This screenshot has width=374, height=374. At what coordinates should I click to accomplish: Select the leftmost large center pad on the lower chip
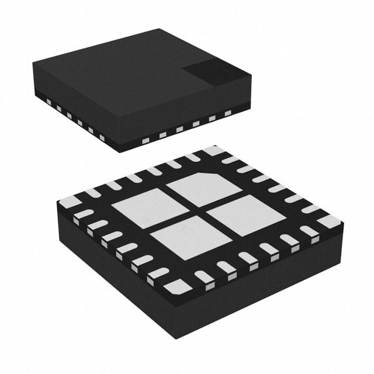point(142,207)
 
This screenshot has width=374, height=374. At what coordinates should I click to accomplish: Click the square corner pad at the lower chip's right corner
point(327,221)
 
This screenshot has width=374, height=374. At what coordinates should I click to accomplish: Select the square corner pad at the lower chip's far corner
point(213,151)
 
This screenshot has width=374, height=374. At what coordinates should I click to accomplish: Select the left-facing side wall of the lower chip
point(111,275)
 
